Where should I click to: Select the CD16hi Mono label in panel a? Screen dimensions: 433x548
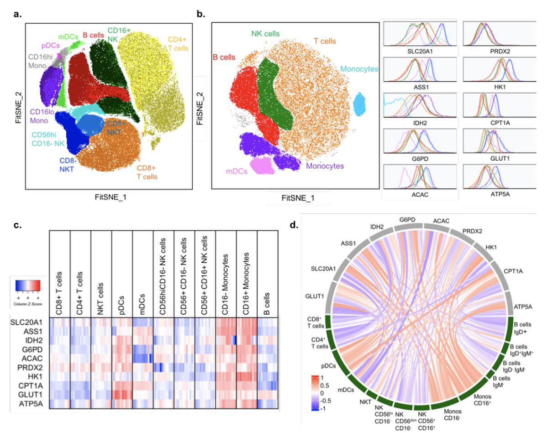[41, 62]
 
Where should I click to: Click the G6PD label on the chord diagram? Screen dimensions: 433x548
[407, 220]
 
